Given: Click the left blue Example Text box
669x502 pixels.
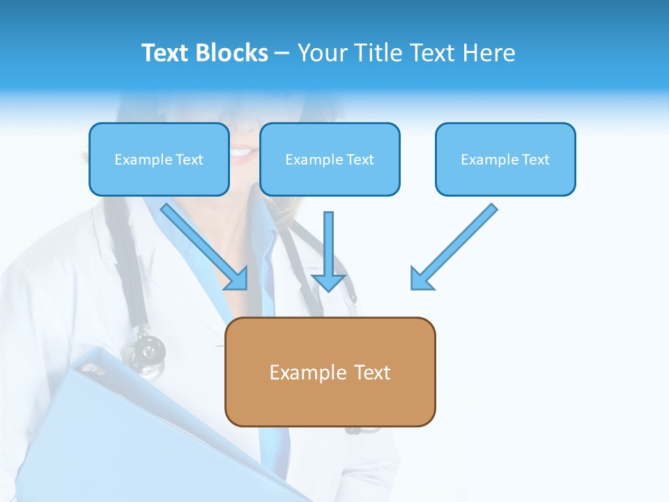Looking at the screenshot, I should tap(159, 159).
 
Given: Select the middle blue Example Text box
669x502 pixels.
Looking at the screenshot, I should tap(330, 159).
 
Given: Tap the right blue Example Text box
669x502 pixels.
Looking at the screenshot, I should tap(505, 159).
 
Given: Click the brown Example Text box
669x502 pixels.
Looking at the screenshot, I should tap(330, 372).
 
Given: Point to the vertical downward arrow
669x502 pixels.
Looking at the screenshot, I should tap(329, 244).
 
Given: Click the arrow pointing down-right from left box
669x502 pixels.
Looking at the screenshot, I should tap(202, 244).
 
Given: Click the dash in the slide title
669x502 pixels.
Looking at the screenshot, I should tap(282, 53).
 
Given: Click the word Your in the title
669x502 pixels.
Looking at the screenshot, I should tap(322, 53).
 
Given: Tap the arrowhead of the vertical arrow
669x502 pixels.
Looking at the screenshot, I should tap(329, 282).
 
